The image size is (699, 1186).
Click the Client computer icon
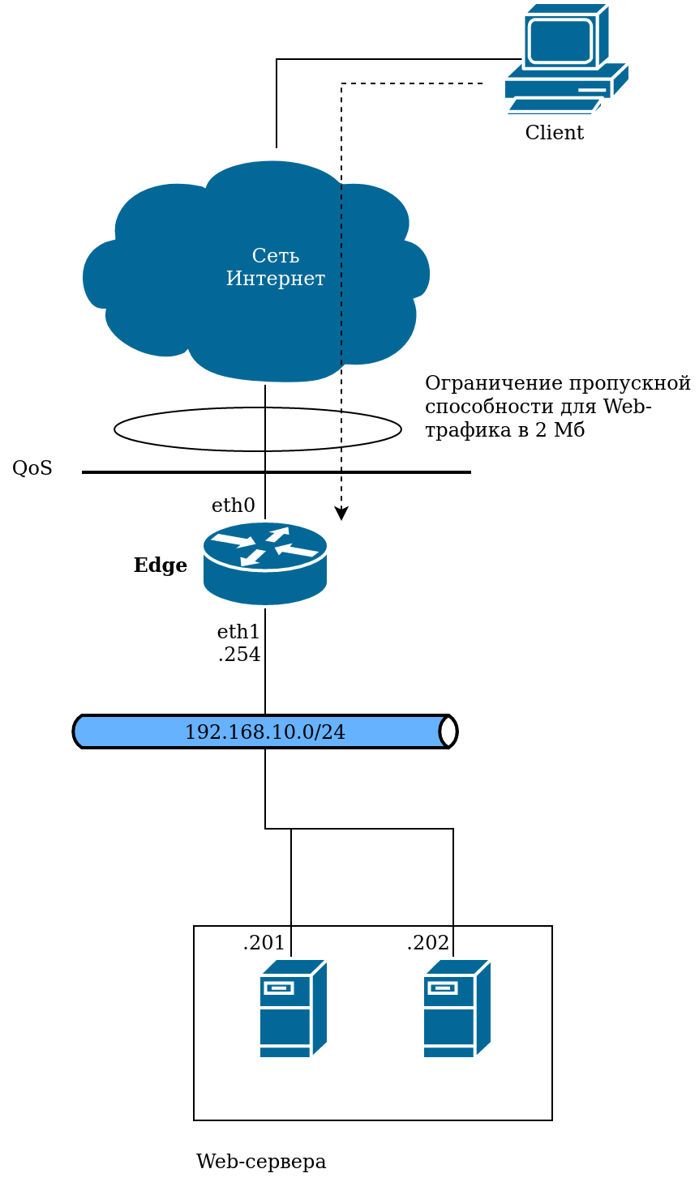[566, 58]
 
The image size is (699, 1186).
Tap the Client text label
[555, 133]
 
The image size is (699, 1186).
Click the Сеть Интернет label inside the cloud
[276, 267]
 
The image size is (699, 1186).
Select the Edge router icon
[265, 564]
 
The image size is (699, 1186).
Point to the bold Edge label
[161, 565]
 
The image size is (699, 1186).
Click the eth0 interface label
[234, 506]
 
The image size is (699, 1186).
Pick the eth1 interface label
[238, 632]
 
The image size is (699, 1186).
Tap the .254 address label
[239, 655]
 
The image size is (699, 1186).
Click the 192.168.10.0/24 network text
[265, 732]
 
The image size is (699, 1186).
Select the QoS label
[32, 468]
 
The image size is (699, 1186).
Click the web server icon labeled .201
[293, 1009]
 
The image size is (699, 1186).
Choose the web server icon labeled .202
[457, 1009]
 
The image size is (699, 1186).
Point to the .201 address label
[264, 943]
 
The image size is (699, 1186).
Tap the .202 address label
[428, 943]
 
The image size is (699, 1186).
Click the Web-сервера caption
[261, 1162]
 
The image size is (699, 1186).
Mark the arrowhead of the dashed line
[341, 514]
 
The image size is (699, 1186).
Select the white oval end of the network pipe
[448, 732]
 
